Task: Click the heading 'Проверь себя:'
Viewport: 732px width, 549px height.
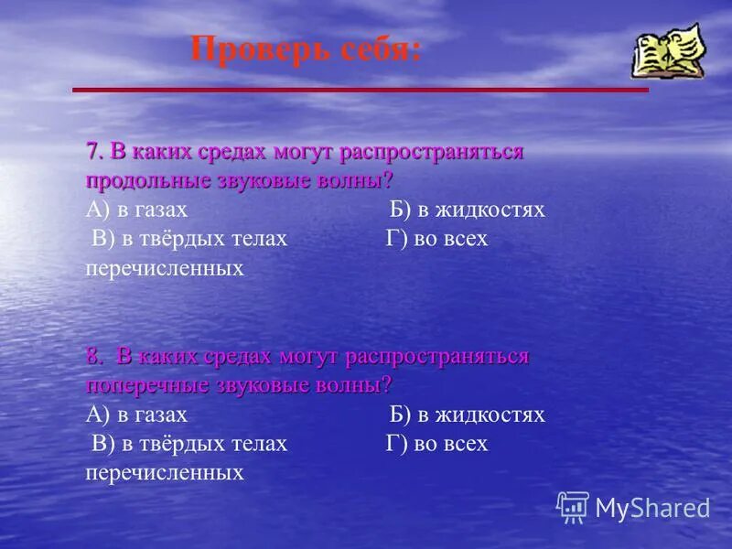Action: (x=307, y=48)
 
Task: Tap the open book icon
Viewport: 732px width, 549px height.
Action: (x=668, y=51)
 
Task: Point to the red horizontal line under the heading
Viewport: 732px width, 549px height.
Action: (x=360, y=90)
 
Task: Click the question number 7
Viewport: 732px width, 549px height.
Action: (x=93, y=151)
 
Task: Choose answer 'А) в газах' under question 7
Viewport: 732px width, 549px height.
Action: (x=136, y=210)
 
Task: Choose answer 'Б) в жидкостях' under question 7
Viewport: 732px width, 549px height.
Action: (x=467, y=210)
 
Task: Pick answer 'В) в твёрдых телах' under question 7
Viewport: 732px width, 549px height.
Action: (x=189, y=239)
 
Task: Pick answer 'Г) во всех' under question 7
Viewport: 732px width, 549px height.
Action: (x=437, y=239)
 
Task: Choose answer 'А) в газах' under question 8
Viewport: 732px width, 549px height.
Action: (x=136, y=414)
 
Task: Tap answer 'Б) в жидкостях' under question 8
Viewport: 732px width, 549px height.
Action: (x=467, y=414)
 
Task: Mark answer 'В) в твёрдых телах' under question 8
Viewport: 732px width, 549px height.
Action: (x=189, y=444)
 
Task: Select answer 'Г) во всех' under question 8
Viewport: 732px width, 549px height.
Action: (x=437, y=444)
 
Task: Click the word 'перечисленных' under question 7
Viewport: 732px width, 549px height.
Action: (x=165, y=268)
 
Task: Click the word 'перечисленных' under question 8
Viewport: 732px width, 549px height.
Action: (x=165, y=473)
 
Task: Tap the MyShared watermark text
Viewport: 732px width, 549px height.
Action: (x=652, y=508)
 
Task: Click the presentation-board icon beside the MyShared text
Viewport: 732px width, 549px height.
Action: (x=573, y=507)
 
